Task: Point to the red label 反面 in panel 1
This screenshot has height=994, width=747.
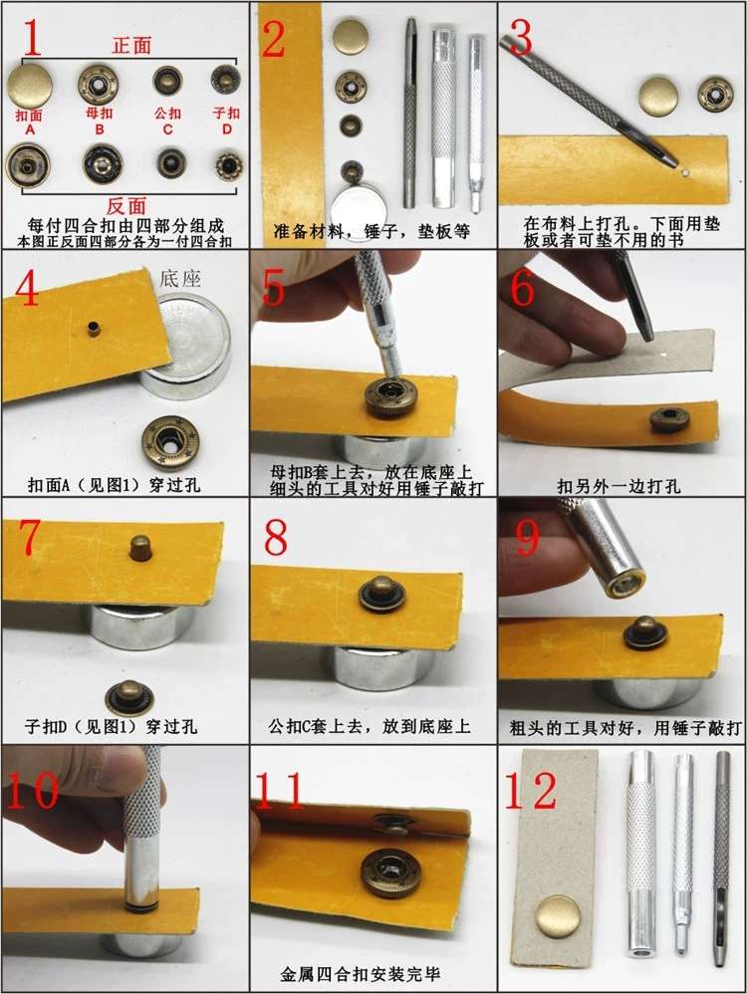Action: (x=126, y=205)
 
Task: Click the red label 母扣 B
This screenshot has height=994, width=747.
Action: (x=100, y=120)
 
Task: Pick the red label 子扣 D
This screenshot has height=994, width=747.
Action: (x=226, y=120)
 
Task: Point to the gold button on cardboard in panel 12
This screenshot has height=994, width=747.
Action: (x=557, y=916)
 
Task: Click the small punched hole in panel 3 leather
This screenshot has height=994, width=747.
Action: (x=686, y=172)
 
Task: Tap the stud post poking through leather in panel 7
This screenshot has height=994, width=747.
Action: (x=139, y=545)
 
